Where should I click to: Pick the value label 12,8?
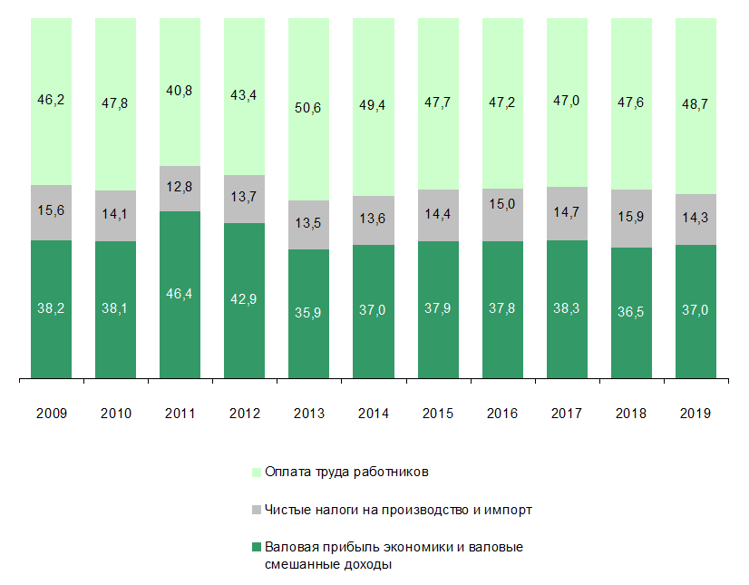coord(180,189)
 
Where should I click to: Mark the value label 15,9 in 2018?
coord(631,218)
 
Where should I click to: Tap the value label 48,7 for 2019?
coord(695,104)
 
